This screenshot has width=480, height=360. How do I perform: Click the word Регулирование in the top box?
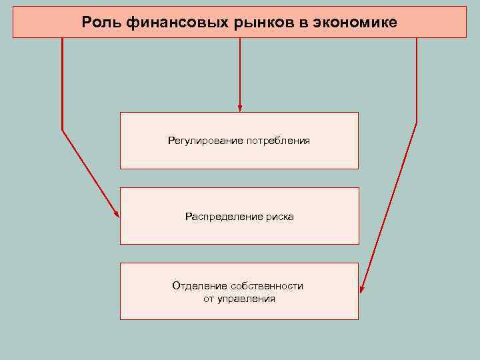coord(205,141)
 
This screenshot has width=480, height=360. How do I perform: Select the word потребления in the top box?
coord(278,141)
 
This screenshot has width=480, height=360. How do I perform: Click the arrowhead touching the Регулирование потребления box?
coord(240,107)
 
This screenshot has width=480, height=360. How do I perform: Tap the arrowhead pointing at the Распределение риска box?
coord(117,214)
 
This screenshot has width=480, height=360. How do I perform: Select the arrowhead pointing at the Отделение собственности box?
coord(362,289)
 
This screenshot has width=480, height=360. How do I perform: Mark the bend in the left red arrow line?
coord(63,129)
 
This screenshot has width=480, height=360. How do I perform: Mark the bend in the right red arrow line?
coord(417,123)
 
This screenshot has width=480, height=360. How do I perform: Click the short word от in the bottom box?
coord(209,299)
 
